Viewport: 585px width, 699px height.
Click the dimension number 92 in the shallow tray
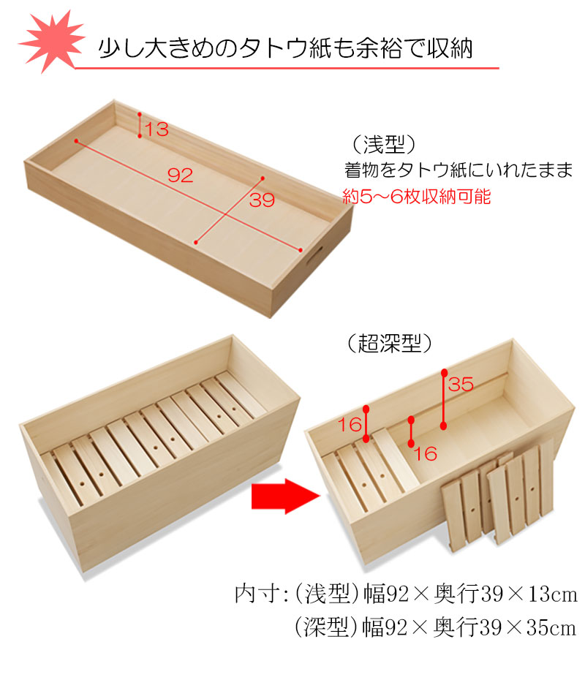tap(179, 175)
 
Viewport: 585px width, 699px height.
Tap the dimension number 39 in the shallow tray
tap(262, 200)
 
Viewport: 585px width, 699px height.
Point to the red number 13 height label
tap(156, 130)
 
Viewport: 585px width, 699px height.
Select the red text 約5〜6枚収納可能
tap(418, 197)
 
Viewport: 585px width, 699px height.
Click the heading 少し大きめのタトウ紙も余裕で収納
tap(285, 48)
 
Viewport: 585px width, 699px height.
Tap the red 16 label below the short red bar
tap(425, 454)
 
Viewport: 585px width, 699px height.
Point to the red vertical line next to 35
tap(444, 399)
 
